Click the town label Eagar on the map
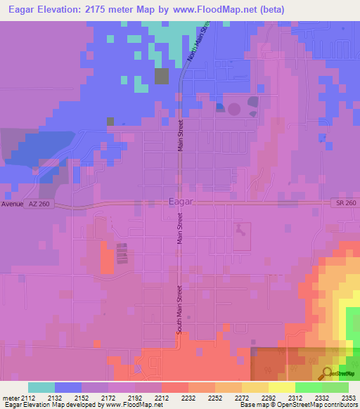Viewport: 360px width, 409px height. (181, 202)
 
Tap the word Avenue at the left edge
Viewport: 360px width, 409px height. (11, 204)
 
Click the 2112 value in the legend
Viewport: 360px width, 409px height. (28, 398)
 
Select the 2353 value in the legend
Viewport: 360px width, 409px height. (348, 398)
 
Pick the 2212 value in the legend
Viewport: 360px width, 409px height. (161, 398)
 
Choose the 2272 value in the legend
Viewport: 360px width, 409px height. (241, 398)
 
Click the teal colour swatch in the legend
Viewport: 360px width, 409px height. (41, 387)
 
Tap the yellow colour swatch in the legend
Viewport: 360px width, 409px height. (281, 387)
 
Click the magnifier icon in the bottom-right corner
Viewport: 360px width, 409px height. (327, 373)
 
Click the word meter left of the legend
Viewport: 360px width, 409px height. (11, 398)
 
